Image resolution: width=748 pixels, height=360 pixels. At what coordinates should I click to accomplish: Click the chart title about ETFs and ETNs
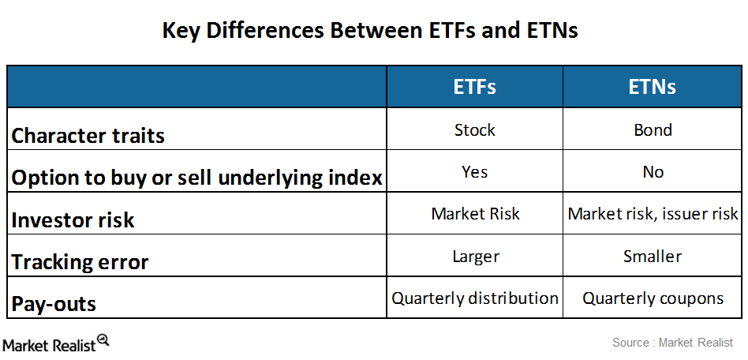tap(370, 30)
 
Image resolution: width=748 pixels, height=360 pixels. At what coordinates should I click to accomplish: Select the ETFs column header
tap(474, 87)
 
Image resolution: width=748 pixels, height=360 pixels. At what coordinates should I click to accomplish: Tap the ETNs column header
tap(653, 87)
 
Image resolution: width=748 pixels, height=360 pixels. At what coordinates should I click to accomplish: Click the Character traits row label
tap(88, 135)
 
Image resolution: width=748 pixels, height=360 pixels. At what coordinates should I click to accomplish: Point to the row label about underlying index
tap(196, 178)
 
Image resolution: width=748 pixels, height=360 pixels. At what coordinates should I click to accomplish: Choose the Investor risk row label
tap(73, 219)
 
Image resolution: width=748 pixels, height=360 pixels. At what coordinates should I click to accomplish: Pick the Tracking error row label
tap(80, 261)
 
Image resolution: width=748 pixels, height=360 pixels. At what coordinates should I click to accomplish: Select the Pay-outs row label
tap(54, 303)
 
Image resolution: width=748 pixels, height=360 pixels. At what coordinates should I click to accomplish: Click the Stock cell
tap(474, 129)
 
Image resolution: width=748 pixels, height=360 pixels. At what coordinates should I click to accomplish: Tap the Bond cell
tap(653, 129)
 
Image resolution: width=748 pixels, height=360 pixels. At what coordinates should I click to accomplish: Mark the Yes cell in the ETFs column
tap(474, 171)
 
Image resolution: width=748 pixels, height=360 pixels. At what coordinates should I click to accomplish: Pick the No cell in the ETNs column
tap(653, 171)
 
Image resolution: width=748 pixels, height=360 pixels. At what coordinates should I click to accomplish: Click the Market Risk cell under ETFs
tap(474, 214)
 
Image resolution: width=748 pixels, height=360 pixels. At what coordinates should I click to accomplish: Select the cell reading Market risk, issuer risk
tap(653, 214)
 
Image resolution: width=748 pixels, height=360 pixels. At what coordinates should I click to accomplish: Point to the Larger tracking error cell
tap(474, 256)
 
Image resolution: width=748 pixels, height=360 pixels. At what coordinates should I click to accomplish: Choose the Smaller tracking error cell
tap(653, 256)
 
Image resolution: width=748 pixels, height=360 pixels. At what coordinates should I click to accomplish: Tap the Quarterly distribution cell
tap(474, 298)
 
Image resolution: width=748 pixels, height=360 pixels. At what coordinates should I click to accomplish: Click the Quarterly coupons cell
tap(653, 298)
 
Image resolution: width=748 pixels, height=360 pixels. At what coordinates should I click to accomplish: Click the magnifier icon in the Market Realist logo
tap(103, 340)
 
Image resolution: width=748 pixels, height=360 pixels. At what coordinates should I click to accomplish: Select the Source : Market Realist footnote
tap(672, 343)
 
